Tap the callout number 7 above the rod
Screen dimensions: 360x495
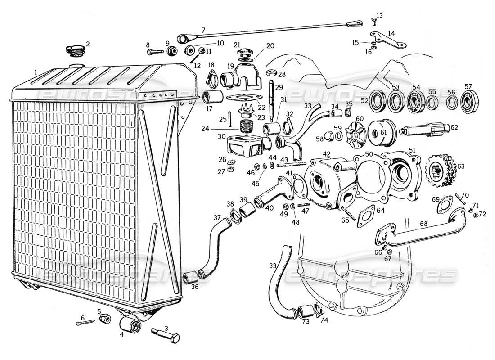pos(203,30)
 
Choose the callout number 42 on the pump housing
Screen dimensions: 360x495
pos(326,154)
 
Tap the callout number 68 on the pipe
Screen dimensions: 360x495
pos(423,223)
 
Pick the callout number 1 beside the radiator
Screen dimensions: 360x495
pos(35,72)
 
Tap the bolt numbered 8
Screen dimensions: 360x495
pos(153,52)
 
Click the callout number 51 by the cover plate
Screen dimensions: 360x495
pos(412,150)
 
